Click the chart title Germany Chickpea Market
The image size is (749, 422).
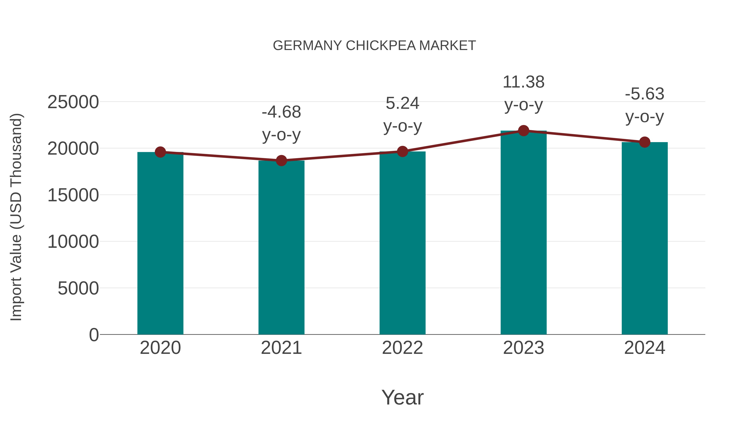pos(374,46)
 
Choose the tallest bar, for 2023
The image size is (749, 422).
pos(523,233)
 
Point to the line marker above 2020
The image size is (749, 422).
pos(160,152)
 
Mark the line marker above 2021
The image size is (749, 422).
pos(281,160)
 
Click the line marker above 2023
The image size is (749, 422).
pos(523,131)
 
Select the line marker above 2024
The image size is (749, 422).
pos(645,142)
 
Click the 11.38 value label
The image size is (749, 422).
pos(523,82)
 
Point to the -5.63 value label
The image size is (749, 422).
pos(645,94)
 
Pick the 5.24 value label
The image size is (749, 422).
pos(402,103)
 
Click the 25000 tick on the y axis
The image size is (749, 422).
pos(73,102)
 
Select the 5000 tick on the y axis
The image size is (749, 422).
pos(78,288)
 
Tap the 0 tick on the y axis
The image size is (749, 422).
pos(94,335)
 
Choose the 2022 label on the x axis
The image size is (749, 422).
pos(402,348)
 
